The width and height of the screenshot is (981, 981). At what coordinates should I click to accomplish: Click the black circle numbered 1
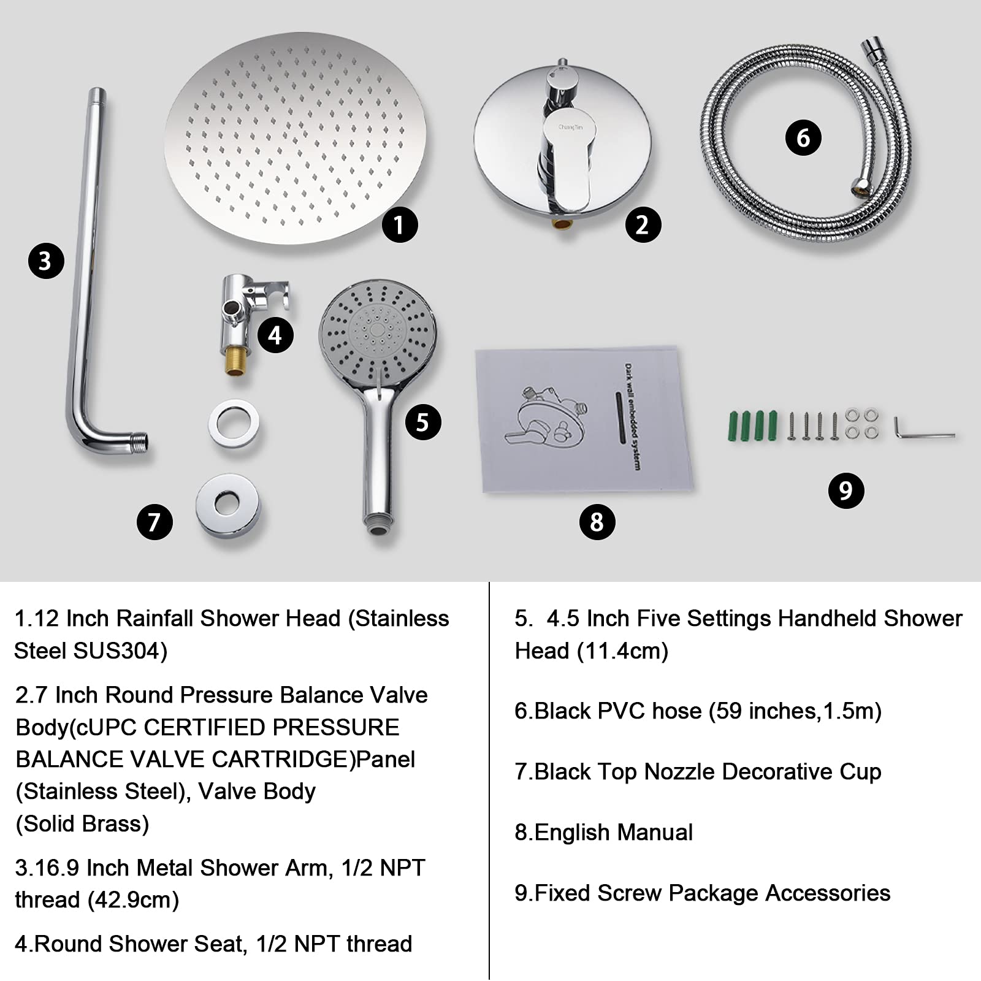coord(399,224)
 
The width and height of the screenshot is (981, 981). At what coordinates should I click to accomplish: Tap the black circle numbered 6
coord(803,137)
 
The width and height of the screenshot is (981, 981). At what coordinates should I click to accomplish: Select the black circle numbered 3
coord(46,261)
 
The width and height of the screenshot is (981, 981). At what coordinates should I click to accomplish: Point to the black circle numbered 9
coord(845,490)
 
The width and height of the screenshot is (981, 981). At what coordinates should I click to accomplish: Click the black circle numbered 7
coord(154,522)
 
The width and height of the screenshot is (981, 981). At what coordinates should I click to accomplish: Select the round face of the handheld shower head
coord(377,331)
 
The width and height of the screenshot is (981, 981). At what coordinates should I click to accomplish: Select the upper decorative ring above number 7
coord(233,422)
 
